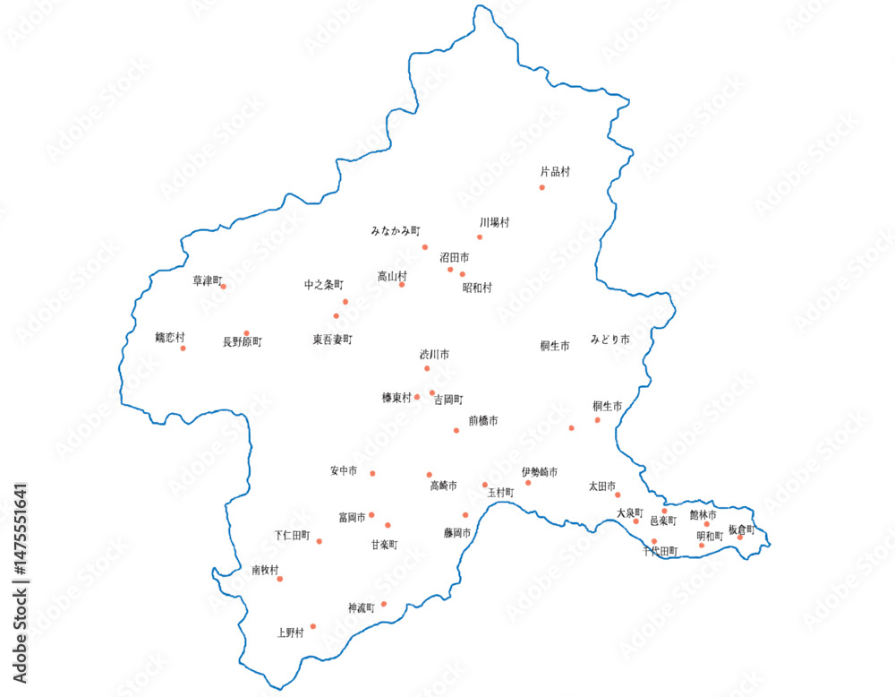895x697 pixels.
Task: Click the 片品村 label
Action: (555, 172)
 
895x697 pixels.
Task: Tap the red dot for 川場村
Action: (480, 237)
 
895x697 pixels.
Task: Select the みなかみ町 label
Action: (396, 230)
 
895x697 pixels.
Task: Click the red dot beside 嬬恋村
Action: (183, 348)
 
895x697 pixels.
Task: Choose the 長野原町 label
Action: (242, 341)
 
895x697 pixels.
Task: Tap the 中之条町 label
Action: (323, 285)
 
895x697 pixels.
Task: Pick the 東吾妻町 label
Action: (332, 340)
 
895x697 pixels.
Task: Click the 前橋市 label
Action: (482, 420)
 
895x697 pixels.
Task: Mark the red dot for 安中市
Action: (372, 473)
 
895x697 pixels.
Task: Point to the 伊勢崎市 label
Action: (540, 471)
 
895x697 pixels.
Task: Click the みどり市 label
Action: (609, 340)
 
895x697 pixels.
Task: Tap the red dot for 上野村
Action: (312, 626)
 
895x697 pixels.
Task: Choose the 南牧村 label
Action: (265, 570)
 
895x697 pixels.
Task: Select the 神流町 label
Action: (361, 607)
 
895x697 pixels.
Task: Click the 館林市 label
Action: (703, 515)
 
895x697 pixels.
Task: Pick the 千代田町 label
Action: (660, 551)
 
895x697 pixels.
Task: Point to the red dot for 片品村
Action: (541, 187)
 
